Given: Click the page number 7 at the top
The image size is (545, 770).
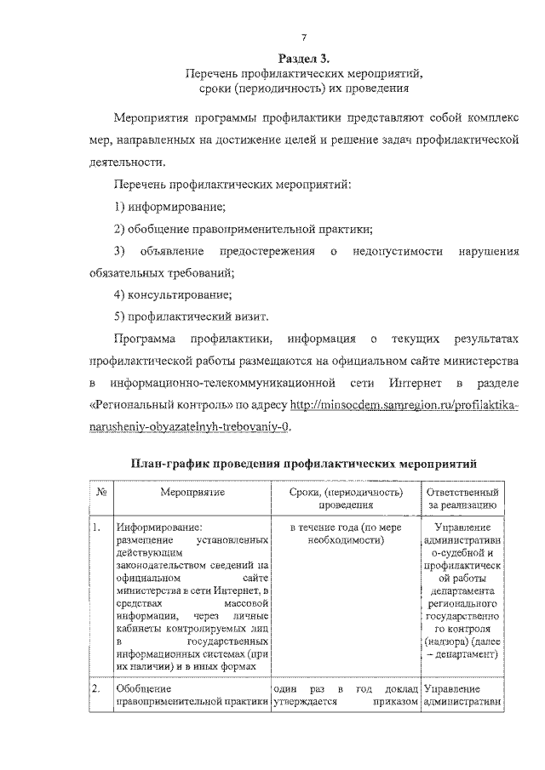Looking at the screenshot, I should pyautogui.click(x=303, y=35).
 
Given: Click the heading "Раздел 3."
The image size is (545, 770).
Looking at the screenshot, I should pyautogui.click(x=303, y=58).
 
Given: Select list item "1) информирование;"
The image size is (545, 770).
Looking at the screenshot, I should pyautogui.click(x=169, y=207).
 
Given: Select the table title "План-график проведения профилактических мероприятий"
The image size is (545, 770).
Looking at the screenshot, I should pyautogui.click(x=303, y=464).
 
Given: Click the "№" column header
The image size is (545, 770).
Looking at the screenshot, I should pyautogui.click(x=100, y=493).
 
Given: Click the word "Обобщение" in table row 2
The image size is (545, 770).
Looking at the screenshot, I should pyautogui.click(x=145, y=688).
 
